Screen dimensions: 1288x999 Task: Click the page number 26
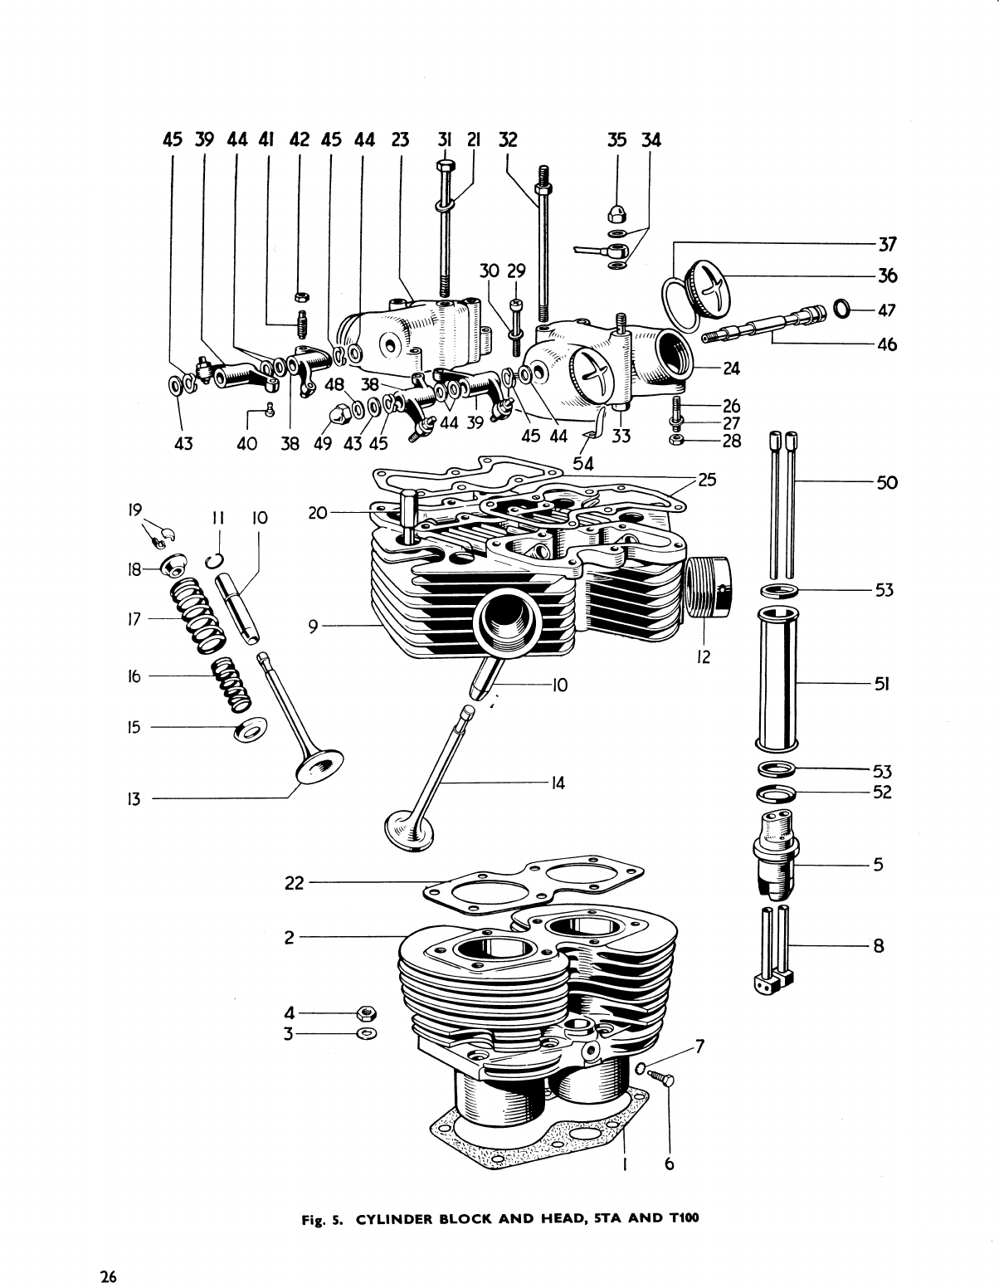point(108,1253)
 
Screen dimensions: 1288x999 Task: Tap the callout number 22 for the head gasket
point(295,884)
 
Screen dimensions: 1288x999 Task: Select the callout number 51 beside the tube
point(881,685)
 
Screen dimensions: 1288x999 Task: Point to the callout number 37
point(887,244)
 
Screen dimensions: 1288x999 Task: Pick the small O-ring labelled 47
point(841,310)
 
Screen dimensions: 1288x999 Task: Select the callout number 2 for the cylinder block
point(289,938)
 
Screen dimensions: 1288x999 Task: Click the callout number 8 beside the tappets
point(880,945)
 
